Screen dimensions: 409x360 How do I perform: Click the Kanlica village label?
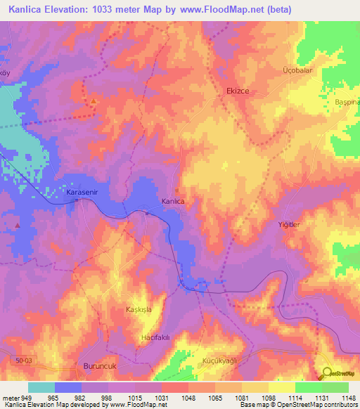tap(173, 202)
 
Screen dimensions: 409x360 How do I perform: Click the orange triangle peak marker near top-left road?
tap(94, 103)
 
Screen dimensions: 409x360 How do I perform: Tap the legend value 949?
tap(27, 398)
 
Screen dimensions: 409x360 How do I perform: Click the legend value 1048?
tap(188, 398)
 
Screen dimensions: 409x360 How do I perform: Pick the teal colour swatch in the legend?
tap(41, 387)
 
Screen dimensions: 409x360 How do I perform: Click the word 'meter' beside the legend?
tap(10, 398)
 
